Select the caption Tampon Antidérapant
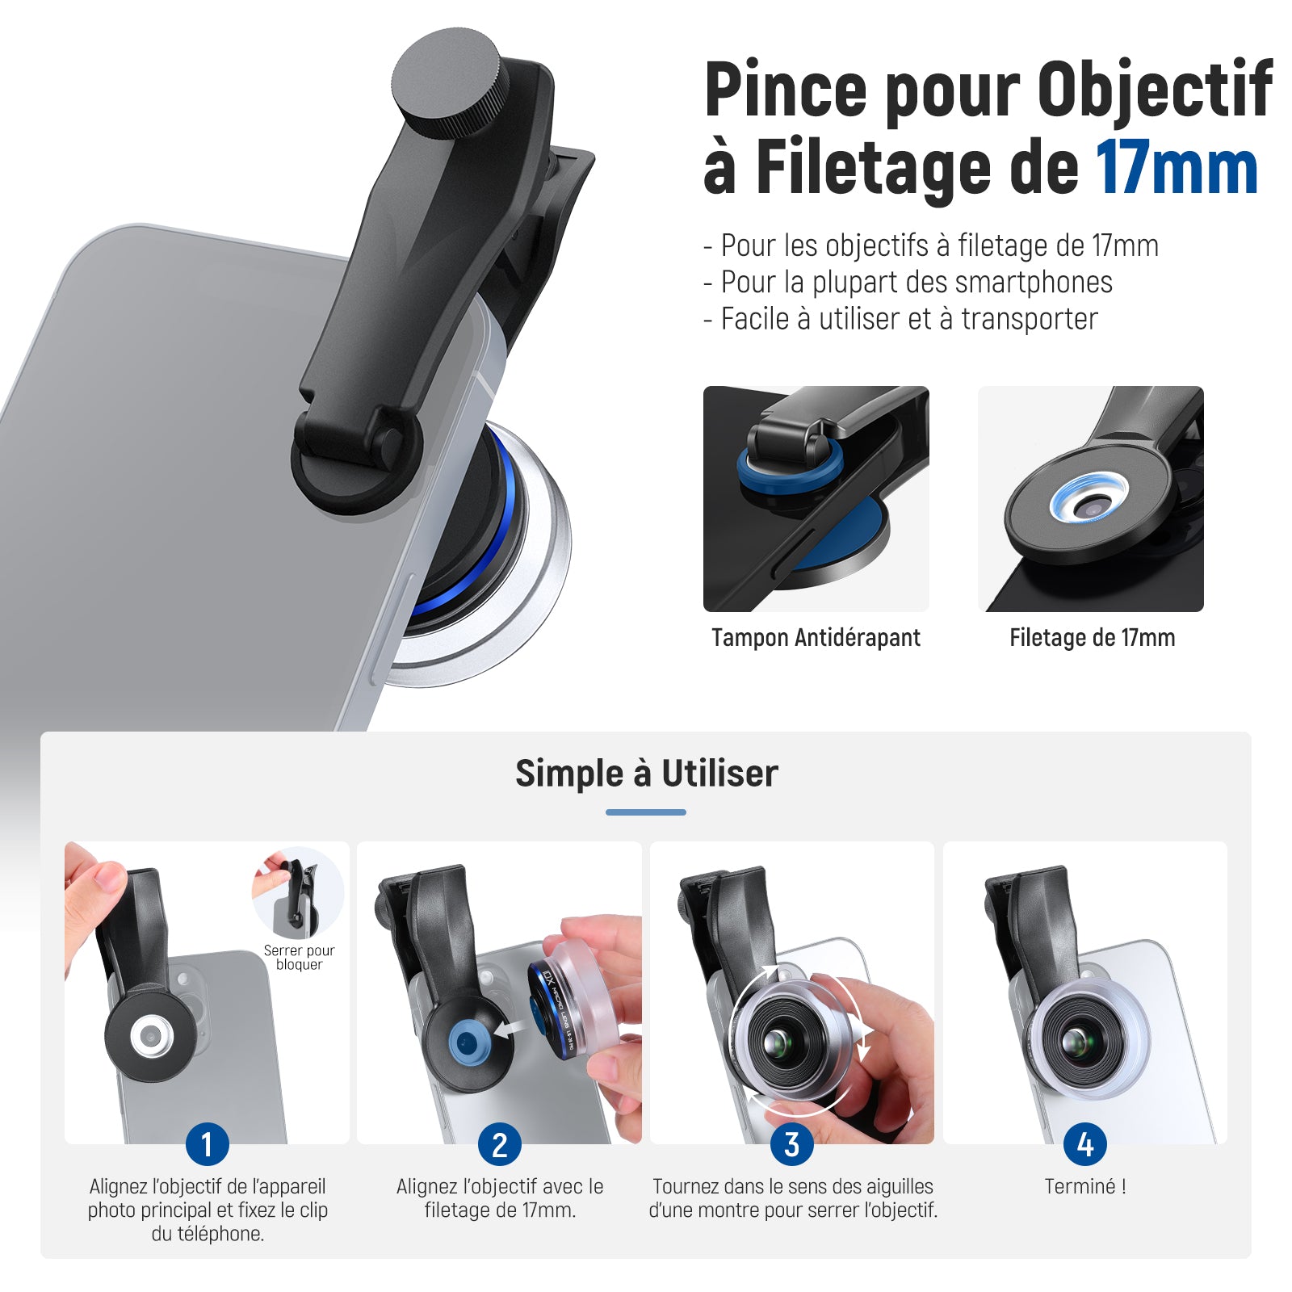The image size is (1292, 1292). (816, 638)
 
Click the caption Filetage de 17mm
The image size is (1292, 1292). (1092, 638)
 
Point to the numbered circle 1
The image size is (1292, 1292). (208, 1144)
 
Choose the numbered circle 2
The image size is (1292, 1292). (500, 1144)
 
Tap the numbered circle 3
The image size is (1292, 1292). (792, 1144)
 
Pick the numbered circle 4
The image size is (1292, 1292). (1085, 1144)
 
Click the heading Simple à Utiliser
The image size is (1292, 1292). (646, 774)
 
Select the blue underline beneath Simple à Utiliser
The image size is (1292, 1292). (646, 812)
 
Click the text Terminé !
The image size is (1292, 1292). (1085, 1186)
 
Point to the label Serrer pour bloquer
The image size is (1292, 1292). (299, 958)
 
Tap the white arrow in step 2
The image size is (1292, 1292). (509, 1030)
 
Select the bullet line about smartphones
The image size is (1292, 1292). (908, 282)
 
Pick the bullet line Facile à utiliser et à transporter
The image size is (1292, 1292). (900, 319)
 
